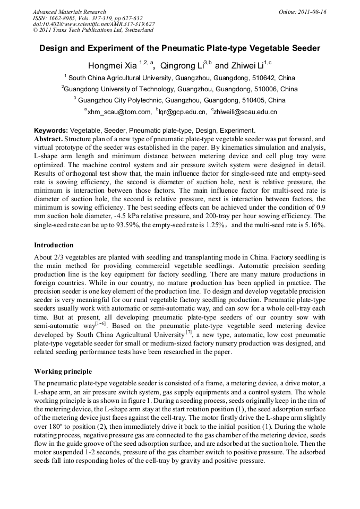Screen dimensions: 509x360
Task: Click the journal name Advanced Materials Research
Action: pyautogui.click(x=69, y=12)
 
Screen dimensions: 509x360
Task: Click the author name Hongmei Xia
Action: pyautogui.click(x=112, y=66)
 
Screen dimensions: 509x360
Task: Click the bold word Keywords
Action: pyautogui.click(x=50, y=131)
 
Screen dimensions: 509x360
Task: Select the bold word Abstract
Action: pyautogui.click(x=49, y=139)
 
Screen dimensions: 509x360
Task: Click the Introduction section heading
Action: pyautogui.click(x=54, y=245)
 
